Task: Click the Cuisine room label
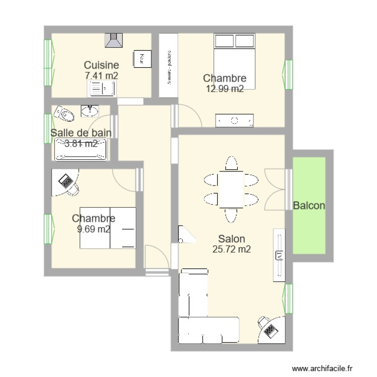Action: (x=101, y=65)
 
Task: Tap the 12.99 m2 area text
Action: (x=225, y=89)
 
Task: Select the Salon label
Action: (x=231, y=239)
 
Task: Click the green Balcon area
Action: (x=309, y=206)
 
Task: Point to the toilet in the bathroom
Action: (x=63, y=113)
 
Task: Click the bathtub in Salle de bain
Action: (x=81, y=149)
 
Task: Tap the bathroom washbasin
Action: (x=90, y=110)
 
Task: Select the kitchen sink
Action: (x=102, y=89)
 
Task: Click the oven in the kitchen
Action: (x=141, y=59)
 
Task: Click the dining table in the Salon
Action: (x=231, y=189)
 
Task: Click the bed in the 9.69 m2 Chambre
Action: (x=108, y=228)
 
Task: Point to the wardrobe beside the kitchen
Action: (x=168, y=65)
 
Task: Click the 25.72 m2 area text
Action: (x=231, y=249)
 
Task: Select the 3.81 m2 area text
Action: (x=81, y=144)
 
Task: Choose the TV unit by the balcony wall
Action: (x=279, y=254)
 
